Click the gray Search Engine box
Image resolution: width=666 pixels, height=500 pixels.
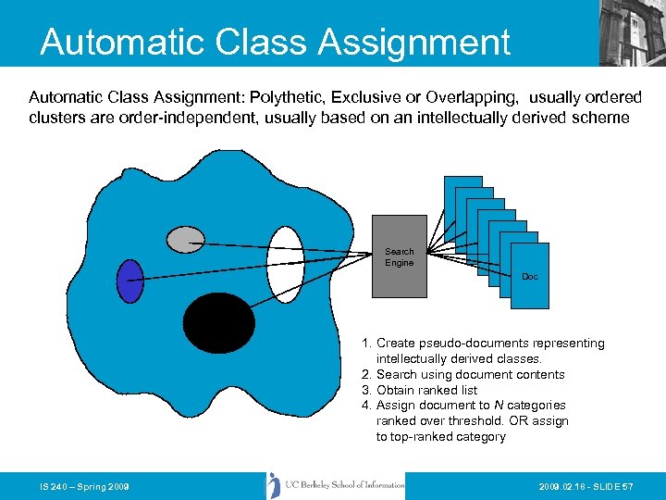(x=399, y=256)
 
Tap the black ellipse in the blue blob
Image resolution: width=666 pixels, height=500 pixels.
(x=218, y=323)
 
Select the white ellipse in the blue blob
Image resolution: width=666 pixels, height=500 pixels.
(x=286, y=264)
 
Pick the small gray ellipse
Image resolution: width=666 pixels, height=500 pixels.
(x=185, y=240)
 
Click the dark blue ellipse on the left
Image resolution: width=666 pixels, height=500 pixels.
(x=131, y=281)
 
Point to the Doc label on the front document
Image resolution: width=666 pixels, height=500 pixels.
(x=529, y=277)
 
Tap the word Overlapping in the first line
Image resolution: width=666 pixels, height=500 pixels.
(x=469, y=97)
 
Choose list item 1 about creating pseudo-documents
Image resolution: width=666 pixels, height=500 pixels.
(x=482, y=350)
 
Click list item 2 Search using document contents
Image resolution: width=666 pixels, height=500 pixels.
(x=462, y=374)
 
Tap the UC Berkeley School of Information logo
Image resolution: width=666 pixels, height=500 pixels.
(x=337, y=485)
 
